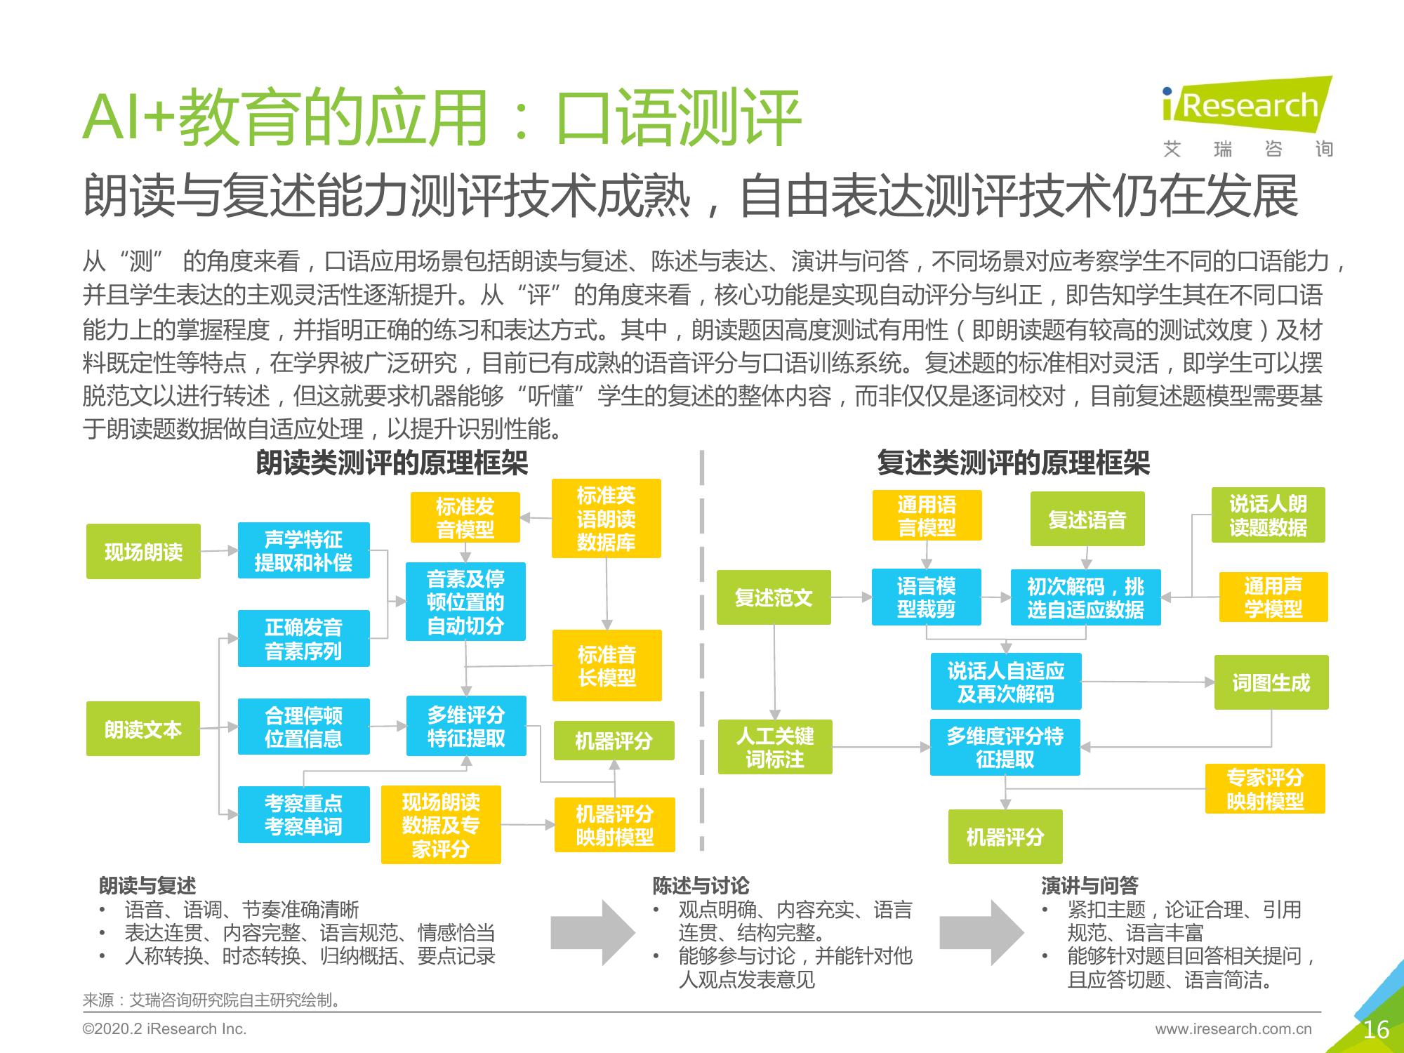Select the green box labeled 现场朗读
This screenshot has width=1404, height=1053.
pyautogui.click(x=143, y=552)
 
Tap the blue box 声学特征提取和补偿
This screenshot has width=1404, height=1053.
pyautogui.click(x=303, y=550)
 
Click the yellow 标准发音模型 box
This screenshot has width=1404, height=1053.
pyautogui.click(x=465, y=517)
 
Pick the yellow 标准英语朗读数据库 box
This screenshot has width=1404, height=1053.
pyautogui.click(x=607, y=519)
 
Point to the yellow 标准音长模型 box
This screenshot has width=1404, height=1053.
pyautogui.click(x=607, y=665)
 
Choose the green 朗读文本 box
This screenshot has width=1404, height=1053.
pyautogui.click(x=143, y=729)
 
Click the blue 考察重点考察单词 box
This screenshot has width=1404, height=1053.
pyautogui.click(x=303, y=814)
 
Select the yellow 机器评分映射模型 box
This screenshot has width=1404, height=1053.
pyautogui.click(x=614, y=825)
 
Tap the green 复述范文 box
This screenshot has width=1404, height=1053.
pyautogui.click(x=774, y=597)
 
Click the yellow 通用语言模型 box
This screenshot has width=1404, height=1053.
pyautogui.click(x=927, y=515)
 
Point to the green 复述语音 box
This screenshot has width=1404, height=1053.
pyautogui.click(x=1087, y=519)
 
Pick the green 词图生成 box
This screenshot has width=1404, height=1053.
pyautogui.click(x=1271, y=682)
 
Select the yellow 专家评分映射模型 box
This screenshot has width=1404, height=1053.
pyautogui.click(x=1265, y=789)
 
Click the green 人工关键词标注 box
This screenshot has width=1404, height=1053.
pyautogui.click(x=775, y=747)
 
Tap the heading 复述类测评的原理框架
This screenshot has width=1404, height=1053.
pyautogui.click(x=1014, y=463)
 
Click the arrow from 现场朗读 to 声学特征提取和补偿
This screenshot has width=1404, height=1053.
pyautogui.click(x=219, y=551)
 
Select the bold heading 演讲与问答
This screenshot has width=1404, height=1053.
pyautogui.click(x=1090, y=886)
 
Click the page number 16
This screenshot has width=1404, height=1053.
pyautogui.click(x=1376, y=1030)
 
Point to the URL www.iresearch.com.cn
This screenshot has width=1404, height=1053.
pyautogui.click(x=1233, y=1029)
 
